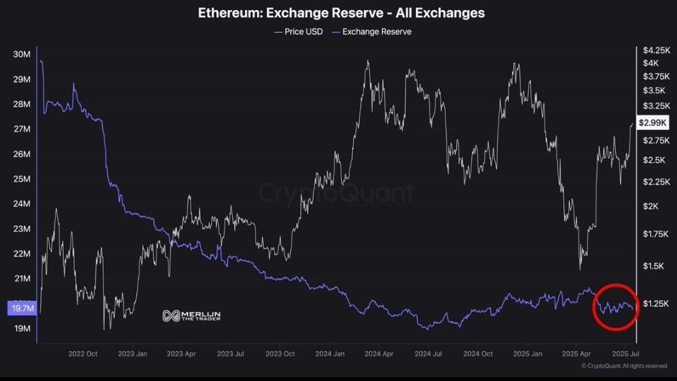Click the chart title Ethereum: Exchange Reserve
coord(341,13)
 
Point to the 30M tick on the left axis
coord(22,54)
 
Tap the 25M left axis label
coord(22,179)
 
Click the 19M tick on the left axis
coord(22,328)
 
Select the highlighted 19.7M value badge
coord(22,308)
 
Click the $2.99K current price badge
coord(651,123)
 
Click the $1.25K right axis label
coord(654,304)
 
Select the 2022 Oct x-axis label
coord(83,354)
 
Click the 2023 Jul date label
coord(231,354)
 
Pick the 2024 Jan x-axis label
coord(330,354)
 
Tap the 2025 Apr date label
coord(576,354)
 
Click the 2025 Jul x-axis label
coord(626,354)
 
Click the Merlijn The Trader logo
coord(191,315)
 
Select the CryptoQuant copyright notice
coord(624,366)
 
